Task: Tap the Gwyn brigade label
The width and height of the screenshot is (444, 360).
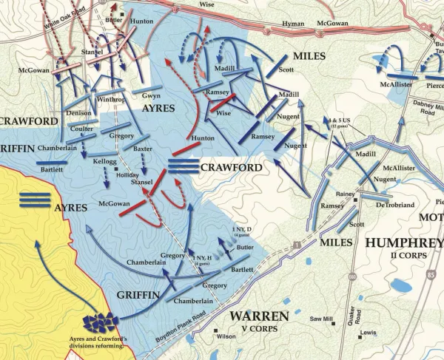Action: pyautogui.click(x=152, y=96)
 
